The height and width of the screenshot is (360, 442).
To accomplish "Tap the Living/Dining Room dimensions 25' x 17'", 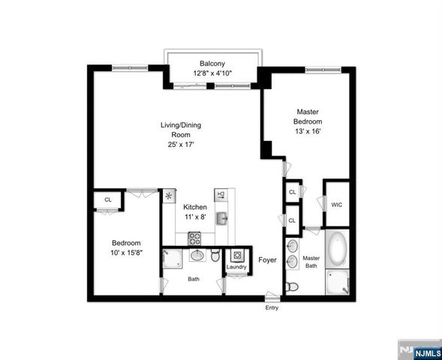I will pos(180,145).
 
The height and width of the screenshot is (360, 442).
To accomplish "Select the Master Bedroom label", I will pos(308,116).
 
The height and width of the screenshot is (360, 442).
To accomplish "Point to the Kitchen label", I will pos(196,207).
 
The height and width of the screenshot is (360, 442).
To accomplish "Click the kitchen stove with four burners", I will pos(194,238).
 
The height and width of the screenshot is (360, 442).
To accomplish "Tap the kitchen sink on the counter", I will pos(223,218).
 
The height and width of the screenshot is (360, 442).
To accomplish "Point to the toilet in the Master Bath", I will pos(293,286).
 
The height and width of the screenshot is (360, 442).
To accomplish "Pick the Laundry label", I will pos(237,267).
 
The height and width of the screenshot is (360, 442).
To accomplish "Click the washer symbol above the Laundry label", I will pos(236,255).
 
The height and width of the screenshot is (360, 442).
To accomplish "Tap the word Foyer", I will pos(267,260).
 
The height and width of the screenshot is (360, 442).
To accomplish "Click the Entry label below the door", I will pos(271,307).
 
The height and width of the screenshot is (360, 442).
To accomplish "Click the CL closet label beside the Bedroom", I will pos(108,199).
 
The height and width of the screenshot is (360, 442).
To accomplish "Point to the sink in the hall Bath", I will pos(197,256).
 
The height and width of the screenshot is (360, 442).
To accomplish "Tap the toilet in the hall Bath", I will pos(215,256).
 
